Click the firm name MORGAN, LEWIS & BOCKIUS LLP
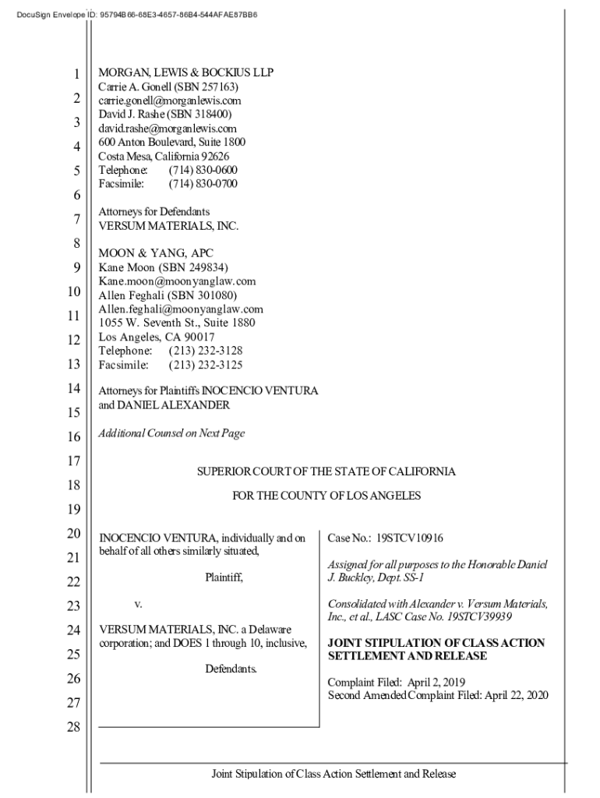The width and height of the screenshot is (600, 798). (x=185, y=72)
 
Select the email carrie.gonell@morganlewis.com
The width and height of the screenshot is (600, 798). (x=170, y=101)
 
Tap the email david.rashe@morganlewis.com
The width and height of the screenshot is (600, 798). (x=168, y=129)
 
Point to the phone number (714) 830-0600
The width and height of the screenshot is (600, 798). (x=203, y=170)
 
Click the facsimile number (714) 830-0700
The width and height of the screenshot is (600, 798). (x=203, y=184)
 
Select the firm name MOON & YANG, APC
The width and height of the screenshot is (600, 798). (x=155, y=253)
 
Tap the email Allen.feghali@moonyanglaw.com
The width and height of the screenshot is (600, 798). (x=181, y=309)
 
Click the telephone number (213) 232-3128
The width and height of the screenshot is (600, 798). (x=205, y=351)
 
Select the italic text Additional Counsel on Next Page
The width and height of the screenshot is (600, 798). (x=171, y=433)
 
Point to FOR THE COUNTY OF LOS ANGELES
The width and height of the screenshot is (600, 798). (x=326, y=496)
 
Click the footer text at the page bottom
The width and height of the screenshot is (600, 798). (x=334, y=774)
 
